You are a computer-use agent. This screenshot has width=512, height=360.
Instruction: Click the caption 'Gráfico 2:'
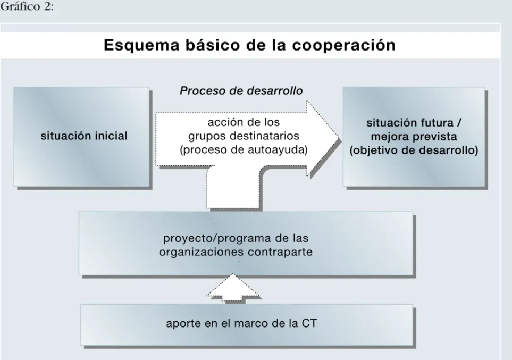coord(27,6)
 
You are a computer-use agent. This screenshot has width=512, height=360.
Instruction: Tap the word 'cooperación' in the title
coord(343,45)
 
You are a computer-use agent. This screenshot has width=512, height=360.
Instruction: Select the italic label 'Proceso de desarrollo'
coord(241,90)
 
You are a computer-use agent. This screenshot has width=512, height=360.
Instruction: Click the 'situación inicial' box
coord(82,137)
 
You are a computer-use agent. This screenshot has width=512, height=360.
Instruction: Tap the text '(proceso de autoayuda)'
coord(244,149)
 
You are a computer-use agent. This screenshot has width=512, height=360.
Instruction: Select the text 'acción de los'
coord(244,122)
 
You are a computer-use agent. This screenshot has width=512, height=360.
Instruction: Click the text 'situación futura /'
coord(414,123)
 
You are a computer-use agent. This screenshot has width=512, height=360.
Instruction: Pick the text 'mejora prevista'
coord(414,136)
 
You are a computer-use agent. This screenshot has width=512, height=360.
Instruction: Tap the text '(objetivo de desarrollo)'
coord(414,150)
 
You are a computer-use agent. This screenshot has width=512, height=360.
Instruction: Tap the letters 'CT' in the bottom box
coord(309,323)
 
